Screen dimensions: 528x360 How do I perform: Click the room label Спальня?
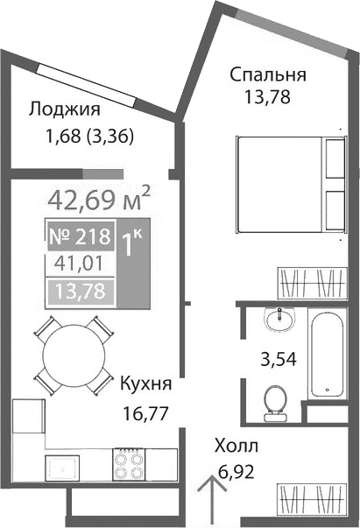[x=268, y=74]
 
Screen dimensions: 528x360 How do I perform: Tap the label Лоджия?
[x=64, y=109]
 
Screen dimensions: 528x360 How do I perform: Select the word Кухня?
[x=145, y=384]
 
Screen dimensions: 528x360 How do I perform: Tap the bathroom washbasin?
[x=280, y=320]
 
